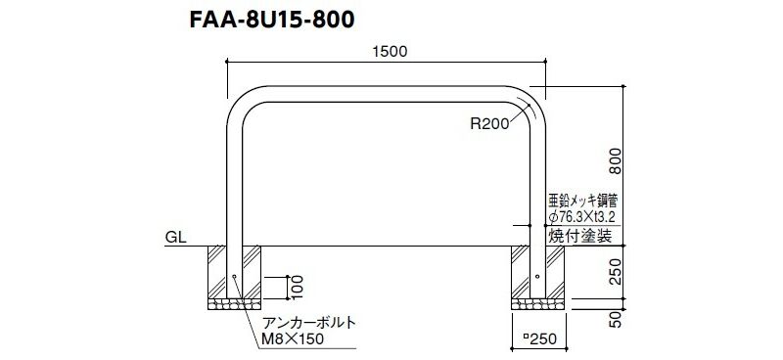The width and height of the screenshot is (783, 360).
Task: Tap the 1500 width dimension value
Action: tap(390, 52)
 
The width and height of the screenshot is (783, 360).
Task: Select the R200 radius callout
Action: tap(488, 123)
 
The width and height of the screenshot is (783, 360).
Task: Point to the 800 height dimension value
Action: tap(618, 160)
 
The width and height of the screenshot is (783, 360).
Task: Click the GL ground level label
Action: tap(176, 237)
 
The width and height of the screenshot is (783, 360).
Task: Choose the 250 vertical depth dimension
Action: tap(618, 272)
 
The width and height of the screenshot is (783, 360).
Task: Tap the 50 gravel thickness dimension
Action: tap(618, 319)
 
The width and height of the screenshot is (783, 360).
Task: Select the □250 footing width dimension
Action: tap(539, 339)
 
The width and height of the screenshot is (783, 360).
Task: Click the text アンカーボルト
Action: tap(309, 323)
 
